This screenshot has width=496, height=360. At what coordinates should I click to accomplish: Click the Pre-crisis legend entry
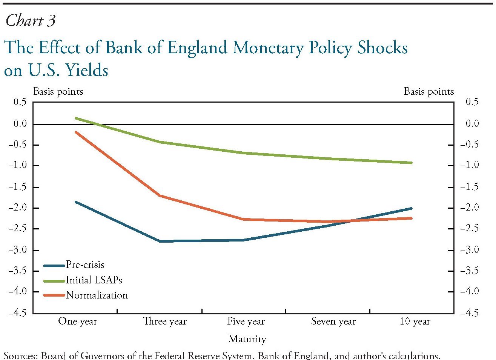(85, 265)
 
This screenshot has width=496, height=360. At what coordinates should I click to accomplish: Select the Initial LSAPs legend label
(94, 280)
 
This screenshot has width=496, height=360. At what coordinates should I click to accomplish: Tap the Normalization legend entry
(97, 295)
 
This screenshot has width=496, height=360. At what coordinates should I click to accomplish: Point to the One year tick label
(77, 322)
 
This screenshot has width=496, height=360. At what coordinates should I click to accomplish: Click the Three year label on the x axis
(165, 322)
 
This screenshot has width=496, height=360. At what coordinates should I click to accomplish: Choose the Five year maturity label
(246, 322)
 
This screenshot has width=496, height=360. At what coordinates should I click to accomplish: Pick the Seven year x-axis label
(333, 322)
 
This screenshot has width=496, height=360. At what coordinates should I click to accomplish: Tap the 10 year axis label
(415, 322)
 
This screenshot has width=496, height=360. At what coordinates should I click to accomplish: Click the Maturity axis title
(247, 339)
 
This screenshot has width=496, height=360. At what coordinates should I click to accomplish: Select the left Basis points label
(58, 92)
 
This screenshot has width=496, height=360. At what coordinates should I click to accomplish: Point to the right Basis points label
(429, 92)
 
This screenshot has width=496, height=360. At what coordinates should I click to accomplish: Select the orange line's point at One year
(76, 132)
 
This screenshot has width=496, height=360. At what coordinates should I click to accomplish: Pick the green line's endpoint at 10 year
(411, 163)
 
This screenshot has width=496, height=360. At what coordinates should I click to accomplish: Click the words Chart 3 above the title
(31, 20)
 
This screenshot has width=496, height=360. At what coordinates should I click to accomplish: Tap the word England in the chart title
(197, 48)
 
